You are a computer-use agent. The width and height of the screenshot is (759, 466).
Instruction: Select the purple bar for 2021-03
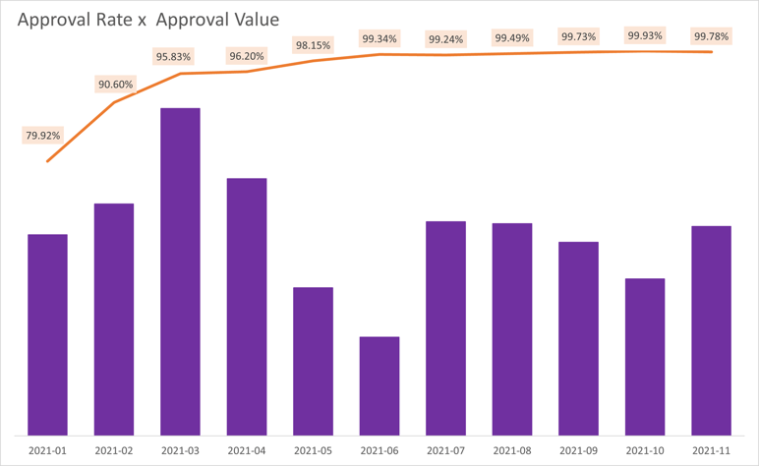point(180,270)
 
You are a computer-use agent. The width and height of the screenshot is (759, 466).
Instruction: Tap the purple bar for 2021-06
point(379,385)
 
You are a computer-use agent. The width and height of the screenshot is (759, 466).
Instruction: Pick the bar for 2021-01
point(47,334)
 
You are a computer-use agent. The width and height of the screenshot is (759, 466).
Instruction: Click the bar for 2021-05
point(313,361)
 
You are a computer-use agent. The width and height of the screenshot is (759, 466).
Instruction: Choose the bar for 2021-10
point(645,356)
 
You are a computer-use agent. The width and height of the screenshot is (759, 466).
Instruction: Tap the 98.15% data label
point(313,45)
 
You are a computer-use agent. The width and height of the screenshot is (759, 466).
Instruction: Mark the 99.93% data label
point(645,35)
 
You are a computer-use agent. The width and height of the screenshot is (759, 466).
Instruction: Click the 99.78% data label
point(712,36)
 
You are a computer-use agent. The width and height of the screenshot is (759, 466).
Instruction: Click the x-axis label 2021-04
point(246,449)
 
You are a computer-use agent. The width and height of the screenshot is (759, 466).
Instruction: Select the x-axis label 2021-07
point(445,449)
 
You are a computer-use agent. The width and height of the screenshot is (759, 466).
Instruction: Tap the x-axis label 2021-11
point(712,449)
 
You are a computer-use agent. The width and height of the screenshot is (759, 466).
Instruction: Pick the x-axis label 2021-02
point(113,449)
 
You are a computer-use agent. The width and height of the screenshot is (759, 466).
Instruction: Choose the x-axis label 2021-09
point(578,449)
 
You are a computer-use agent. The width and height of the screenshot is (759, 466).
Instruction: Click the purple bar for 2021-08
point(512,328)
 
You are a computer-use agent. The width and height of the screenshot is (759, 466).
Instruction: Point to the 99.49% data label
point(512,38)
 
